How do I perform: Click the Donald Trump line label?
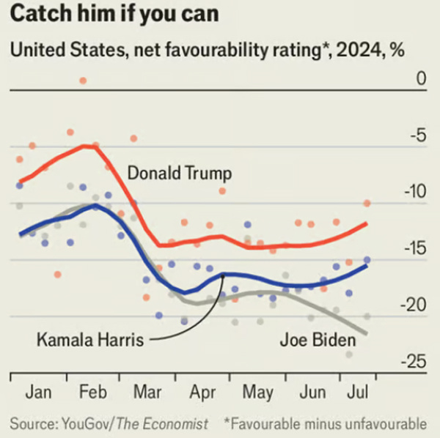[x=180, y=174]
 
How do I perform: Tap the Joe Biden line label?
[x=317, y=340]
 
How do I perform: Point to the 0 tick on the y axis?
[x=421, y=78]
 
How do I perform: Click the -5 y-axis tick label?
[x=417, y=136]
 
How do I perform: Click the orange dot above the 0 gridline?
[x=83, y=81]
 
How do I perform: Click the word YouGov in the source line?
[x=87, y=423]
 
